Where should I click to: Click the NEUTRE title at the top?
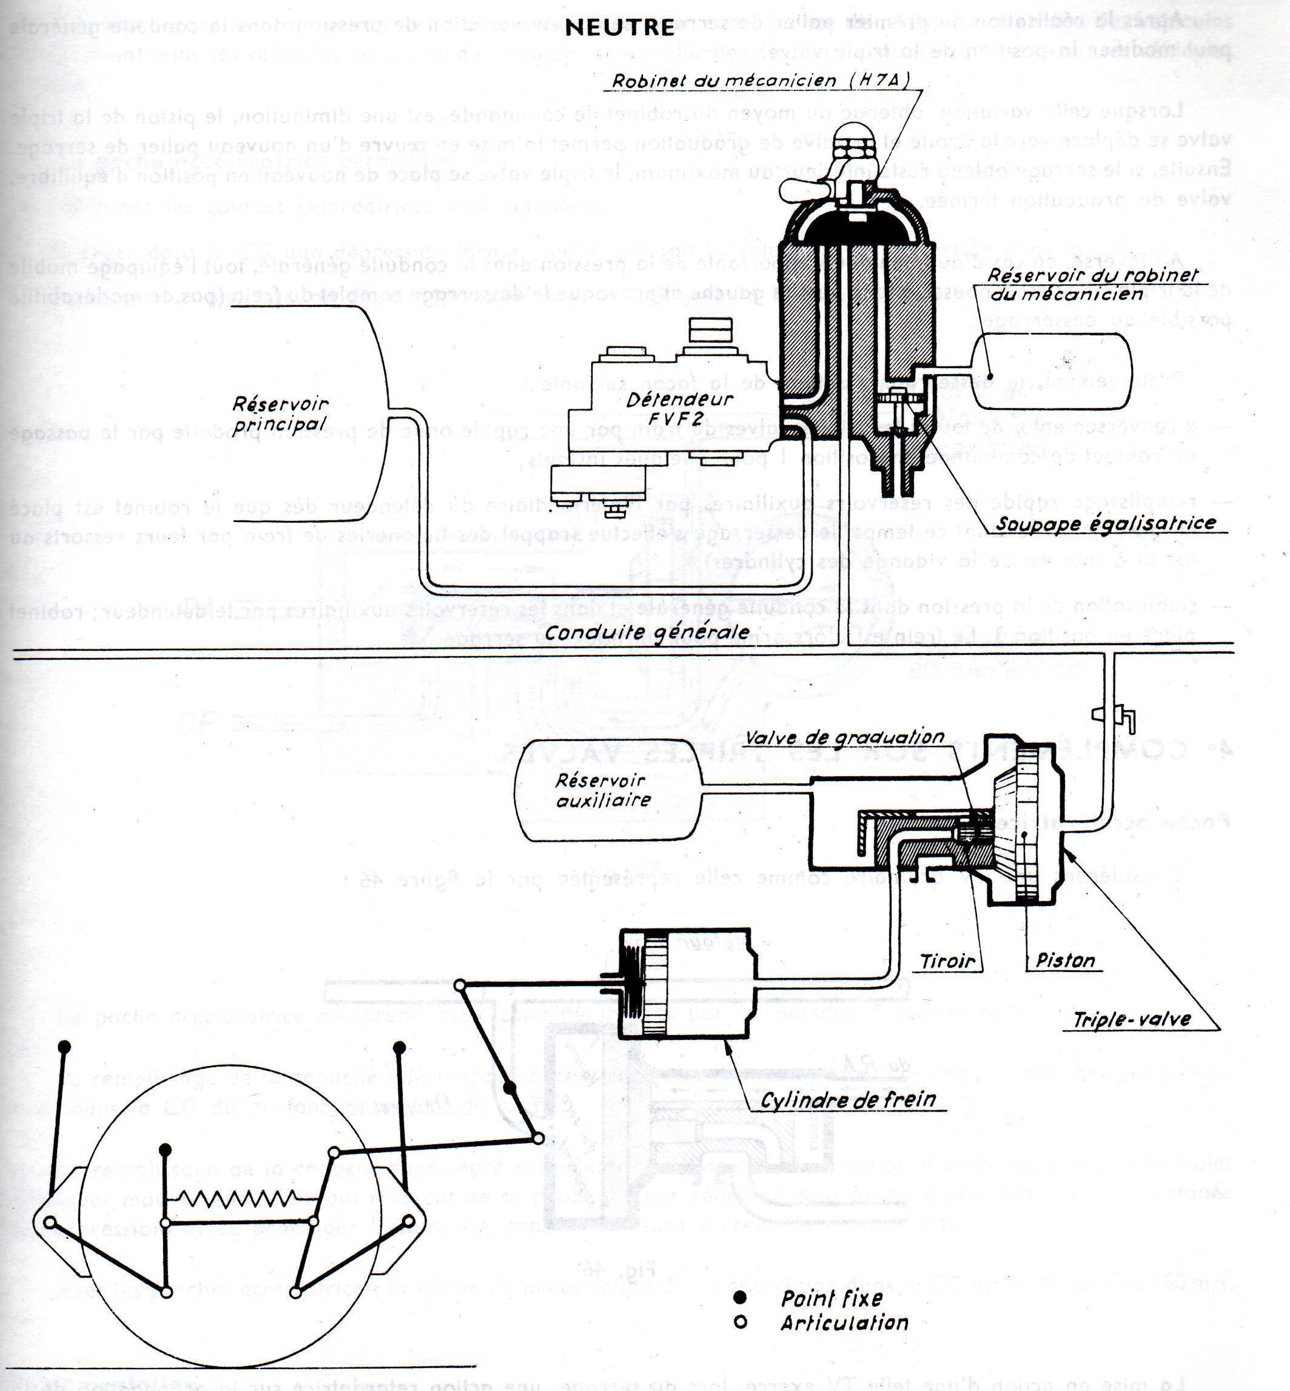(619, 27)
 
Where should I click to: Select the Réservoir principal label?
(281, 414)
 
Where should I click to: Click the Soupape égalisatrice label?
(1106, 523)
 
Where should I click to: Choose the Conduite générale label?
(647, 632)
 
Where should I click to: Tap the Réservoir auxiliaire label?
(602, 790)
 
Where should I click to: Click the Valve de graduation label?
(845, 738)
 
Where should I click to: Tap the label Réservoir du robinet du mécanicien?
(1092, 283)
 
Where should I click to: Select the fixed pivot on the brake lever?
(510, 1088)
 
